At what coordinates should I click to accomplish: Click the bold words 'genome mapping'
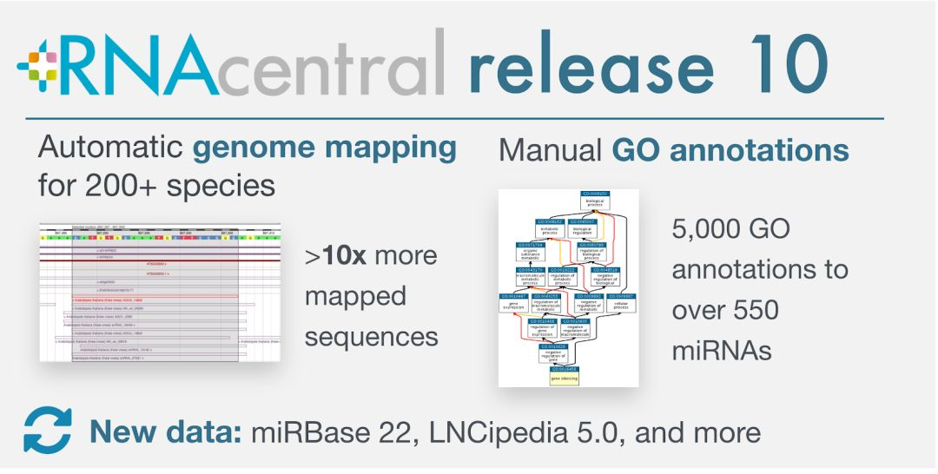pos(324,149)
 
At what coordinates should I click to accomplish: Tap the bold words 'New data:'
pos(166,431)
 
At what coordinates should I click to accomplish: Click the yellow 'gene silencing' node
pos(564,375)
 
